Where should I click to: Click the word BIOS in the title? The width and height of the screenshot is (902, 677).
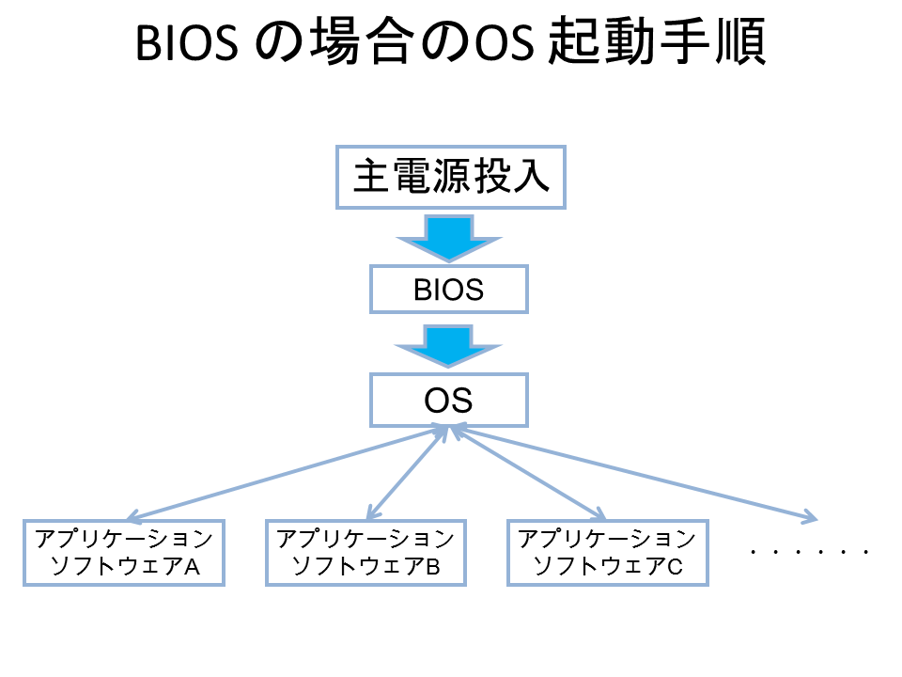tap(187, 43)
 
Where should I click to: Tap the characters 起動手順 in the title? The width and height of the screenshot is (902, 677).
tap(657, 41)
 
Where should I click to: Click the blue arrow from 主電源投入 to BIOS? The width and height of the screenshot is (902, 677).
tap(449, 238)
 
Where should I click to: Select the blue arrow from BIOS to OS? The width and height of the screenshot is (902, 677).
tap(448, 345)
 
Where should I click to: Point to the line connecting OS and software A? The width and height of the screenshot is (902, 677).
tap(286, 474)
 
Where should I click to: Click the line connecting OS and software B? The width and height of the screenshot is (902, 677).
tap(407, 473)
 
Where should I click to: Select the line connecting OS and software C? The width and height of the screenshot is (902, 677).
tap(527, 473)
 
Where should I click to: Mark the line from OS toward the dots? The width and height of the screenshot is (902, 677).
tap(635, 473)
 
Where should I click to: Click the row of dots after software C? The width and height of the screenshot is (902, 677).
tap(809, 552)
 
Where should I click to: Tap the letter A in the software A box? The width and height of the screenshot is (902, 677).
tap(192, 567)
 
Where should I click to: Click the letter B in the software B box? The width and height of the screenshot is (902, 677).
tap(432, 567)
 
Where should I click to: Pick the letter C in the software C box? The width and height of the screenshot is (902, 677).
tap(675, 567)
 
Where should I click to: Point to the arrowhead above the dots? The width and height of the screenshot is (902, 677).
tap(811, 517)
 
